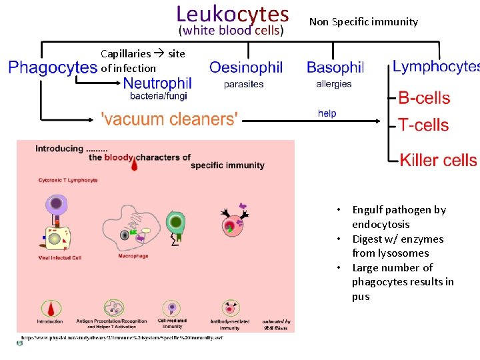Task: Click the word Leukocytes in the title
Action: [232, 14]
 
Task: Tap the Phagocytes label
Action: [53, 67]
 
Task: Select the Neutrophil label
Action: [157, 83]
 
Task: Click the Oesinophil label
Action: [246, 67]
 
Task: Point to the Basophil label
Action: [335, 67]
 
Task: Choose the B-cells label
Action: [424, 98]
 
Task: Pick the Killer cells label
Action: [438, 160]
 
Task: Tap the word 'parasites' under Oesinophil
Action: [243, 84]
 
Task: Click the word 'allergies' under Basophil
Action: [333, 84]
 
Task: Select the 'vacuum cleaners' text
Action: [169, 119]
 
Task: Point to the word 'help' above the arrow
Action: [327, 113]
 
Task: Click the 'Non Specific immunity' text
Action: [363, 22]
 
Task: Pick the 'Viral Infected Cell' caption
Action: [60, 257]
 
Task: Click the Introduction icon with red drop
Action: [50, 309]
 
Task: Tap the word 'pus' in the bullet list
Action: [361, 297]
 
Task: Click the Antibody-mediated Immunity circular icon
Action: [231, 309]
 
